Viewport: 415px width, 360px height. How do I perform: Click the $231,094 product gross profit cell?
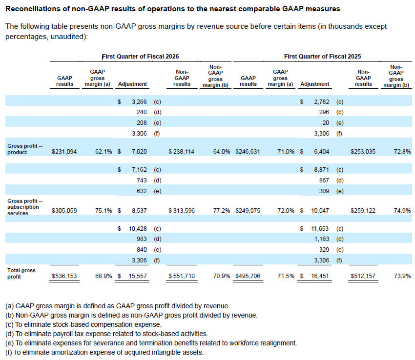point(64,152)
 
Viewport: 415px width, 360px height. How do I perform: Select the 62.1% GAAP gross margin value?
point(104,152)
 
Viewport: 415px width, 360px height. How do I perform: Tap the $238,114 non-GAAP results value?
point(181,152)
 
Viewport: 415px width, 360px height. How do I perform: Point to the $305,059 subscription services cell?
point(64,211)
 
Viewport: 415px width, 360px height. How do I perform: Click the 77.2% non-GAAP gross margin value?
point(222,211)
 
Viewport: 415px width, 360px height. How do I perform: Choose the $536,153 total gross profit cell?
point(64,276)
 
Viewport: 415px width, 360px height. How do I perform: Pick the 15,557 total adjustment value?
point(138,276)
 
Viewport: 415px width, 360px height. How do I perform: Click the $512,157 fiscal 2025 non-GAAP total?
point(363,276)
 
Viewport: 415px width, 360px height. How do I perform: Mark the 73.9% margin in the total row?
point(402,276)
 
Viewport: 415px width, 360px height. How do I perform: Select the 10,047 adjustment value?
point(320,211)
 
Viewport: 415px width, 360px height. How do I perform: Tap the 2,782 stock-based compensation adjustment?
point(322,102)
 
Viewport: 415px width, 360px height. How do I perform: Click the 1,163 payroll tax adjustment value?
point(322,239)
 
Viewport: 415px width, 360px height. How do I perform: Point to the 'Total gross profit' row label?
point(21,273)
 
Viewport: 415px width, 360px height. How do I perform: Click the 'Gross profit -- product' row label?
point(24,149)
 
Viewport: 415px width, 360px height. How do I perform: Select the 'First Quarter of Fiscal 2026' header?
point(140,56)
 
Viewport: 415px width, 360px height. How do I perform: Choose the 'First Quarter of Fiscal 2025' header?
point(322,56)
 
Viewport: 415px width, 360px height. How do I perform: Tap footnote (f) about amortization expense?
point(104,352)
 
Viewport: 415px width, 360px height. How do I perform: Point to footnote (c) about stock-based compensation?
point(83,324)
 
